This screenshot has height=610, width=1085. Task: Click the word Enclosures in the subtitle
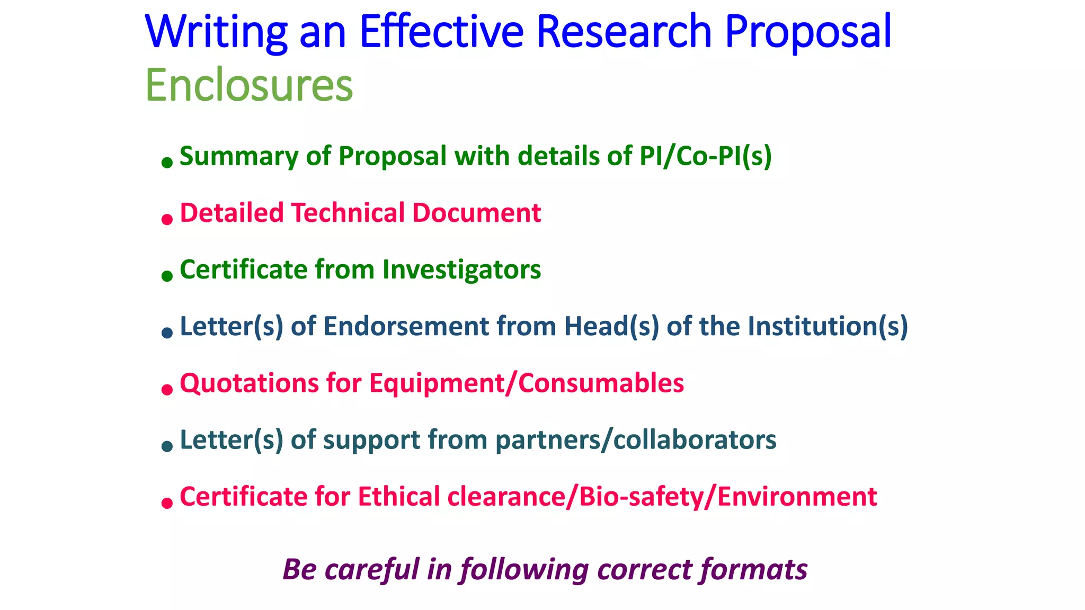tap(249, 86)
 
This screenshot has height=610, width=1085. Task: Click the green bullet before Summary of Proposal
tap(167, 162)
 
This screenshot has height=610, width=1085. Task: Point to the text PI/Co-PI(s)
tap(705, 156)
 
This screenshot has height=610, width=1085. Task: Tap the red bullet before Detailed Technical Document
tap(167, 219)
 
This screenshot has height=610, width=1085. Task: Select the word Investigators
tap(461, 270)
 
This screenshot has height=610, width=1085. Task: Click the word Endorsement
tap(406, 326)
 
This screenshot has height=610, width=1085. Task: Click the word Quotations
tap(249, 383)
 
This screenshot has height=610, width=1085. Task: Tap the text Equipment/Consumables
tap(527, 383)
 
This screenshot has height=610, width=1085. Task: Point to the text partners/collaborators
tap(636, 440)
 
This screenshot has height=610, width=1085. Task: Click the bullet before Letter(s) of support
tap(167, 446)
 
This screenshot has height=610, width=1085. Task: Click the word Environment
tap(797, 497)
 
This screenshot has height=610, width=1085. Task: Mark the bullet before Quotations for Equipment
tap(167, 389)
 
